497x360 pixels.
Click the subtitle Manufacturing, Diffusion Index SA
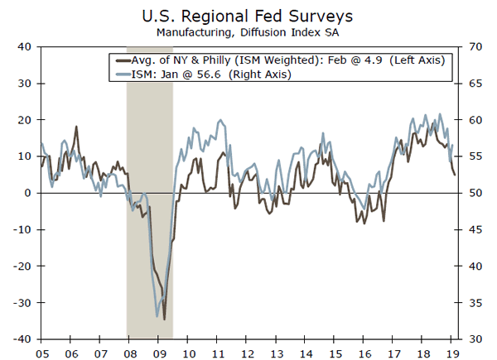248,32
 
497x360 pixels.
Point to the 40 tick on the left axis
24,47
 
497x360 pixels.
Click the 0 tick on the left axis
28,193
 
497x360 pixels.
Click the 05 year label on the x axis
41,351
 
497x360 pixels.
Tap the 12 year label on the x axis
248,351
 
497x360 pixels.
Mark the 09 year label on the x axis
160,351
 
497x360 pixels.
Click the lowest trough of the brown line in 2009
164,319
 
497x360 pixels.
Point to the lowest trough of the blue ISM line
157,316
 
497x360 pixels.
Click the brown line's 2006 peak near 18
76,127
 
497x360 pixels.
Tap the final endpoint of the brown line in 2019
454,175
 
